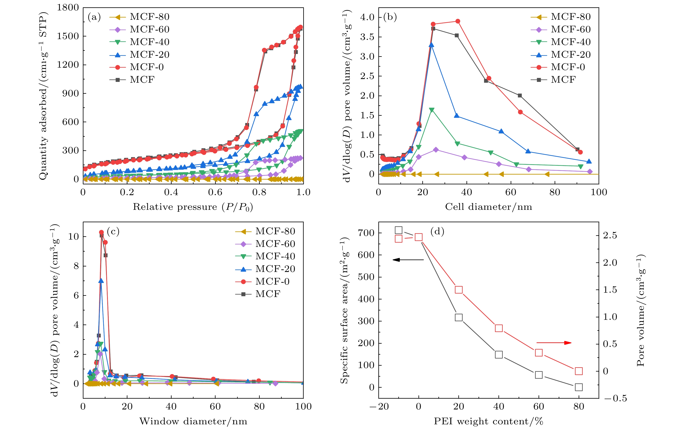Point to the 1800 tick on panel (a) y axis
click(68, 8)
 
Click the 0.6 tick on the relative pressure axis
click(215, 192)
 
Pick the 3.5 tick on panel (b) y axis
click(367, 37)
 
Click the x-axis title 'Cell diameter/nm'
click(488, 207)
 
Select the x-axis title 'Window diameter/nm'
click(193, 421)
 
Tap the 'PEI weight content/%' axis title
click(488, 421)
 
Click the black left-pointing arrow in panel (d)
click(408, 260)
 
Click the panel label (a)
click(94, 17)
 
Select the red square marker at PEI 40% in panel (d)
click(499, 328)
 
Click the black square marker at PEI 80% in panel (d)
click(579, 387)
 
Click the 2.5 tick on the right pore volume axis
click(610, 235)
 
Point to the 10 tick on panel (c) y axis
click(73, 236)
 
